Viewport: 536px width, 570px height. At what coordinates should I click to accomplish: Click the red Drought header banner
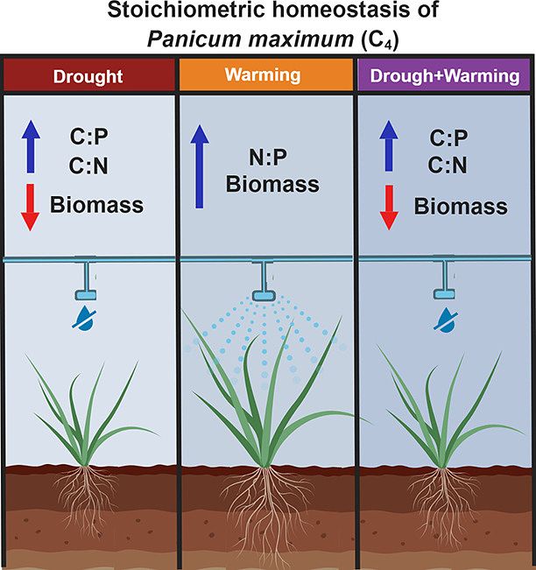pos(88,75)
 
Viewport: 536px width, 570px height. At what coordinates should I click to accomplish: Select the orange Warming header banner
pos(266,75)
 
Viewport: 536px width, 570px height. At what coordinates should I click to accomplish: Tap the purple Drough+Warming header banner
pos(446,75)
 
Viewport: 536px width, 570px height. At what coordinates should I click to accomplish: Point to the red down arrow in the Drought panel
pos(30,208)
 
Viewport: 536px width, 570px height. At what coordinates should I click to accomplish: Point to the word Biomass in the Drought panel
pos(97,207)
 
